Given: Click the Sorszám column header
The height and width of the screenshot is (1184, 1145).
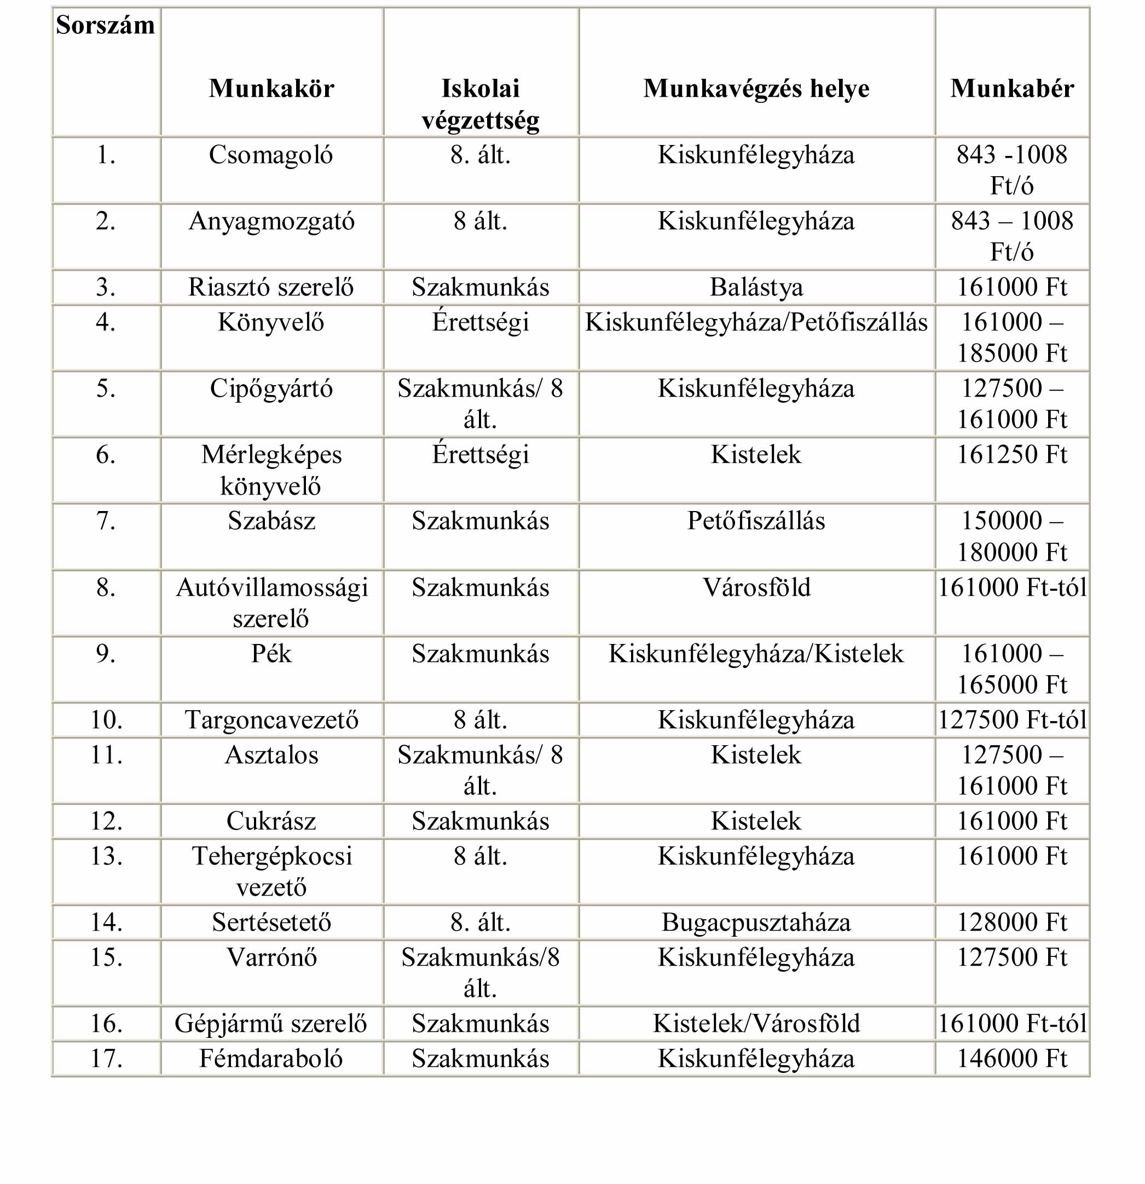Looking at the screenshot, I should [105, 25].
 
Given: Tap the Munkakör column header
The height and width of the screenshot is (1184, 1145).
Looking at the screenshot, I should [271, 89].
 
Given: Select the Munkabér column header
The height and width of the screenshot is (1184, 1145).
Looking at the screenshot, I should [1012, 89].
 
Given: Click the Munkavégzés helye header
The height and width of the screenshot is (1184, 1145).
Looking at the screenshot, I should [756, 89].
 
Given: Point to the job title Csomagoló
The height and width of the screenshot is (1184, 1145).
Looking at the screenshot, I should [271, 155].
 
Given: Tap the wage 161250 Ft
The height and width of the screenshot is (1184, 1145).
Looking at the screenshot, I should [1012, 455].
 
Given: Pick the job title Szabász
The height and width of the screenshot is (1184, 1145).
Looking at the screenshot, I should [271, 521].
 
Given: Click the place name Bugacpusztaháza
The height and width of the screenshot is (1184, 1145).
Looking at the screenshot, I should [756, 922].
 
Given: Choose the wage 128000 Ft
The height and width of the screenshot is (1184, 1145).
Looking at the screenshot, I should [1012, 922].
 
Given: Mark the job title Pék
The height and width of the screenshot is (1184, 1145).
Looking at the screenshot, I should [271, 654].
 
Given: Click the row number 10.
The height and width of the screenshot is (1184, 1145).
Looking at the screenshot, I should [106, 720].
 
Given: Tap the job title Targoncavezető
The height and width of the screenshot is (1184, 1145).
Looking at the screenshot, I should [271, 720].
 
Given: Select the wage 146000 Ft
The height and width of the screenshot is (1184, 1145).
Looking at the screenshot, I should [1012, 1059].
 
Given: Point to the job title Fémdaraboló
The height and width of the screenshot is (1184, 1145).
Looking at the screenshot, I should [271, 1059].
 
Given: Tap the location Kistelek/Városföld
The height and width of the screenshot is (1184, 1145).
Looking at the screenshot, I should [756, 1024].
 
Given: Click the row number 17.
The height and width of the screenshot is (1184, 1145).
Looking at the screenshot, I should [106, 1059].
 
